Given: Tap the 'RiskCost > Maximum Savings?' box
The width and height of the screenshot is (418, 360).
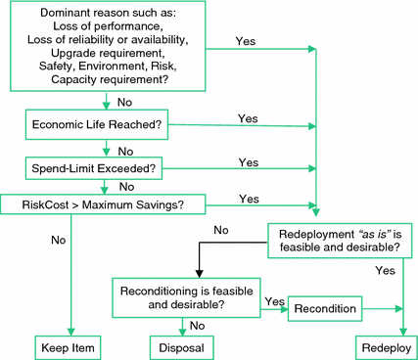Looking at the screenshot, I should [105, 203].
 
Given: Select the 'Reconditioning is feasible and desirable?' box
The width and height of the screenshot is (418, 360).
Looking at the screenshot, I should [186, 299].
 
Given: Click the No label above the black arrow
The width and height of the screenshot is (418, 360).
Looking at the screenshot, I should [220, 230].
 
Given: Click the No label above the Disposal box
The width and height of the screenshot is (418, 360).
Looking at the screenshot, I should [197, 326].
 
